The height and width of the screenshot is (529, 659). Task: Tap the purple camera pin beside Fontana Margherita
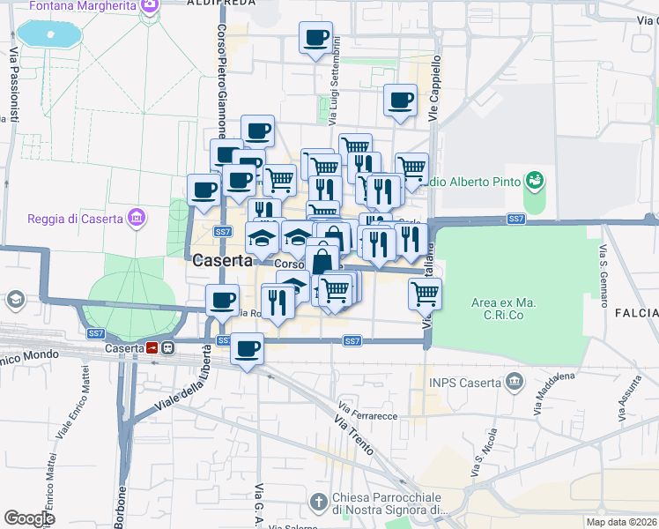(150, 5)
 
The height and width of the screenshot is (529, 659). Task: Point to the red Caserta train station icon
(152, 348)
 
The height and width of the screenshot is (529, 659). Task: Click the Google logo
(29, 518)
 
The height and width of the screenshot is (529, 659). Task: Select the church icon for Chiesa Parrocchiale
(318, 502)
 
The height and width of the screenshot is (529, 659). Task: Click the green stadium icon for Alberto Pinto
(533, 182)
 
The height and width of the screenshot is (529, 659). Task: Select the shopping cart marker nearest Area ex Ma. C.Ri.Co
(425, 293)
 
